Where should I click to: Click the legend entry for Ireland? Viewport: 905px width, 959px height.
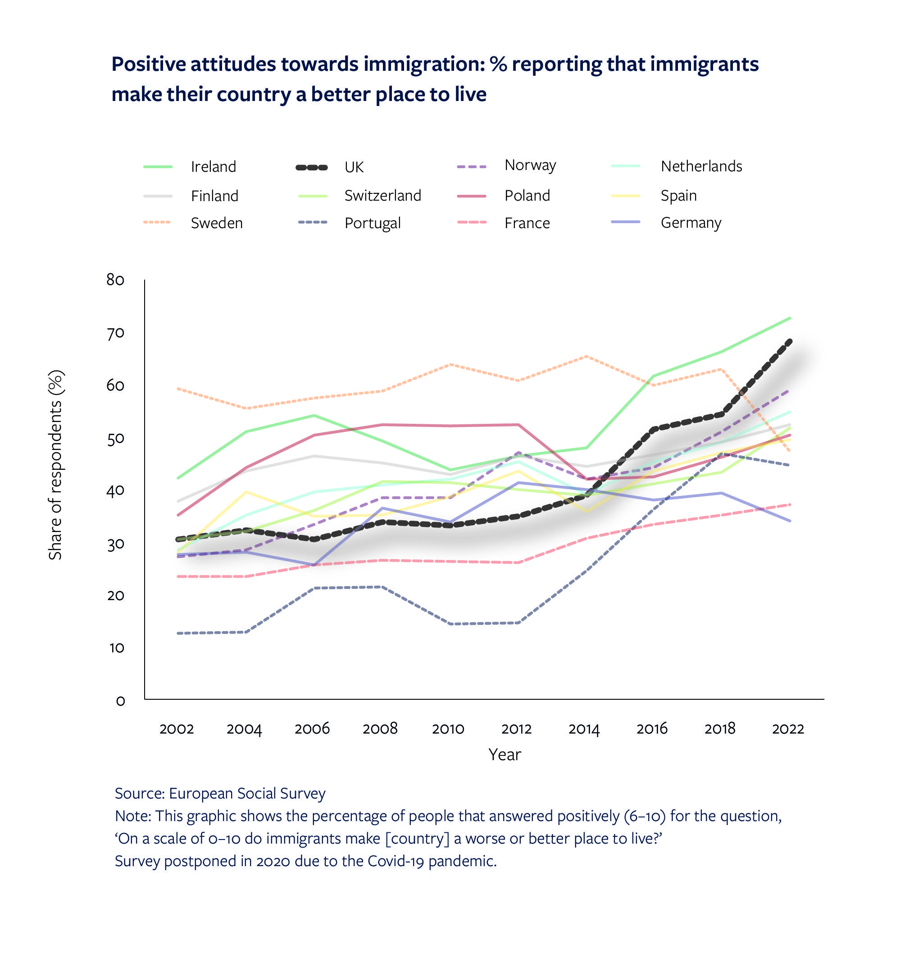[213, 166]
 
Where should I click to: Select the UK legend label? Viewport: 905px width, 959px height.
[354, 167]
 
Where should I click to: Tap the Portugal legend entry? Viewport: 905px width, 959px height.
[373, 223]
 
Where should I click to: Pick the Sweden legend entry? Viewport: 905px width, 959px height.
[217, 223]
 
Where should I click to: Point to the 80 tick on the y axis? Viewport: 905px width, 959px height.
[115, 280]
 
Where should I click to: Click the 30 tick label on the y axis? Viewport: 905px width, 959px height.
[115, 545]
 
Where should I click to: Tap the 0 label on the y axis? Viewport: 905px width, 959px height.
[120, 701]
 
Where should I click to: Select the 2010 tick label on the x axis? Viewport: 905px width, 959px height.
[448, 729]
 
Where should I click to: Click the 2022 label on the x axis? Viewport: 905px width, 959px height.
[788, 729]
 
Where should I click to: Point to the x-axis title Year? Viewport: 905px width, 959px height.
[505, 755]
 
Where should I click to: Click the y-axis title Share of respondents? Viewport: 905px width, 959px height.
[56, 464]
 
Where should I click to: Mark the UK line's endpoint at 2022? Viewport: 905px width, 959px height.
[790, 341]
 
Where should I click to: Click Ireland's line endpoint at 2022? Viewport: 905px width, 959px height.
[790, 318]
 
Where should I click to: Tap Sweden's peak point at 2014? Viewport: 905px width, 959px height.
[586, 356]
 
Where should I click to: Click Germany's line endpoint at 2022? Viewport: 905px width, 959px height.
[790, 521]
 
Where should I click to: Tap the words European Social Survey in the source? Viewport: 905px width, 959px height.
[247, 794]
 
